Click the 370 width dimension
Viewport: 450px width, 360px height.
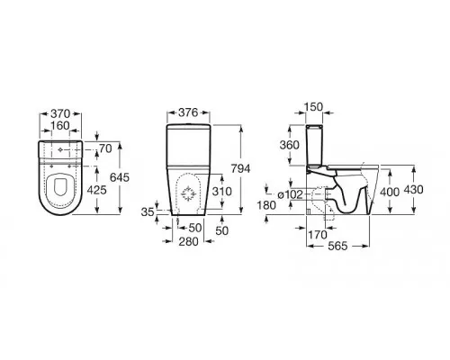[60, 113]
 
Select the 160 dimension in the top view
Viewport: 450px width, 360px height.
[60, 125]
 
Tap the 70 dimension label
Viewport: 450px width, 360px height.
[105, 148]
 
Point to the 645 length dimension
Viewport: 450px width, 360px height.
[120, 177]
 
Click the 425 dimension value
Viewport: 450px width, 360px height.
[96, 190]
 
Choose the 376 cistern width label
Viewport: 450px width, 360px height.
[188, 112]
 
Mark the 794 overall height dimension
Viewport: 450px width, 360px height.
[240, 169]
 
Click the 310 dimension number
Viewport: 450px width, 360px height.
[222, 191]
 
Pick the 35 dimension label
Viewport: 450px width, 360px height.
[148, 212]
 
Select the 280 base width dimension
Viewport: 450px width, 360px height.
[188, 241]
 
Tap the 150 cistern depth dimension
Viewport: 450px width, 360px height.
[313, 107]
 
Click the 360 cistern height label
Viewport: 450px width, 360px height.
[290, 145]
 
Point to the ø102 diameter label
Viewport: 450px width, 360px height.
[290, 194]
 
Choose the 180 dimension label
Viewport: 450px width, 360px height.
[266, 205]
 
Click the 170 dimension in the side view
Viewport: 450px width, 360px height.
[318, 235]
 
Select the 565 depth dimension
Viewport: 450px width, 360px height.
[337, 246]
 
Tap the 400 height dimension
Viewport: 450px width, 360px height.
[390, 192]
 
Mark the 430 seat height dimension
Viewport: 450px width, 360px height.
[413, 190]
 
